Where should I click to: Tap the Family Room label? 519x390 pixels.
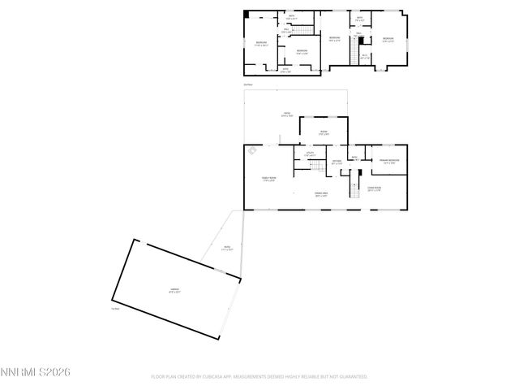click(268, 179)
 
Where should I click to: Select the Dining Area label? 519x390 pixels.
click(321, 193)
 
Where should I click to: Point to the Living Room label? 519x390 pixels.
click(374, 188)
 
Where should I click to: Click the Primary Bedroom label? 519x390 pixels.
click(388, 162)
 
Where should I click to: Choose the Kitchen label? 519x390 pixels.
click(337, 162)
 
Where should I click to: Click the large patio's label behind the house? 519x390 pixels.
click(286, 114)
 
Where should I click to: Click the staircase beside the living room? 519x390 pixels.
click(354, 189)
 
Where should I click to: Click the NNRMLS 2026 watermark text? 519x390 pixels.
click(36, 372)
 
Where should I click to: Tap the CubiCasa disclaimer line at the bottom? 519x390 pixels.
click(259, 377)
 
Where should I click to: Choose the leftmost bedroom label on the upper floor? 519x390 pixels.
click(261, 43)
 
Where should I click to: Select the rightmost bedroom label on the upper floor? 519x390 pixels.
click(388, 39)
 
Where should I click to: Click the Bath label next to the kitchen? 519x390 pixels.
click(354, 158)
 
